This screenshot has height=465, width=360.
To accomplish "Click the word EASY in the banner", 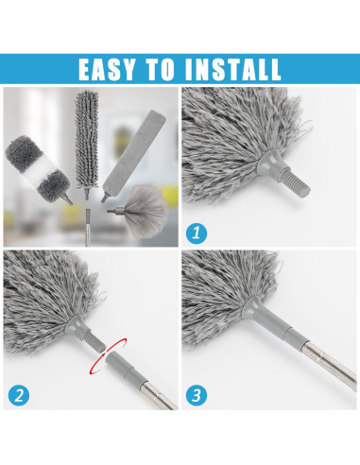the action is [107, 69].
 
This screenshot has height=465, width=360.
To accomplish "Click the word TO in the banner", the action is [160, 69].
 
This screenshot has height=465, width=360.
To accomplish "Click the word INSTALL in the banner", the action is [232, 69].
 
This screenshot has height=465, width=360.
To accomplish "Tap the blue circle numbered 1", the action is [197, 233].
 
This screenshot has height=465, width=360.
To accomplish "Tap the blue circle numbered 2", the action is [19, 395].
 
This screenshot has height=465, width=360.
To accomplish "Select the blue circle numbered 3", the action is [197, 395].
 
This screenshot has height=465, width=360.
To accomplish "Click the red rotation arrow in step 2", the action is [108, 355].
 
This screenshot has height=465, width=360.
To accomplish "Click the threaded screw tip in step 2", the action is [94, 340].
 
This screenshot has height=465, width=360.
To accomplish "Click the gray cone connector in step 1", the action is [270, 161].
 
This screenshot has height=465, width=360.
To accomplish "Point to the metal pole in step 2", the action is [159, 393].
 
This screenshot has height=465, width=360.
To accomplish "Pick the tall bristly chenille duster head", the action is [87, 139].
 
